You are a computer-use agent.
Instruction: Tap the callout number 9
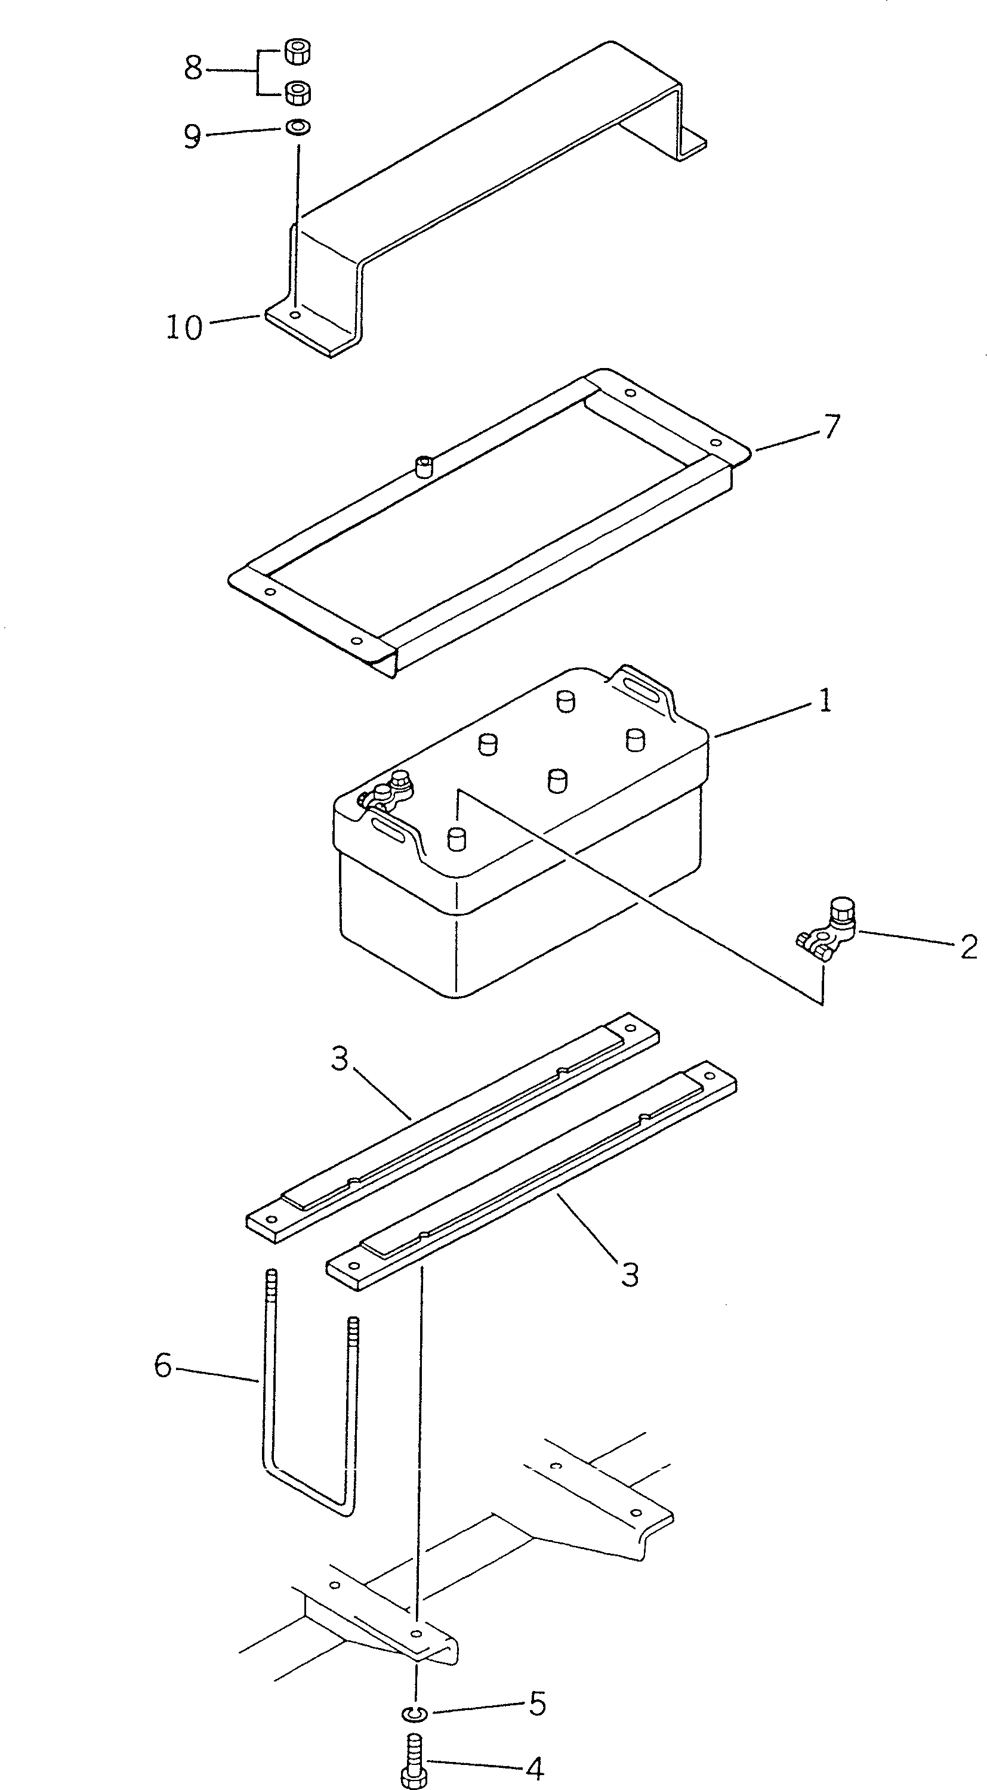click(x=192, y=136)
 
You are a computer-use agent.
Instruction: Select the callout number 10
click(x=184, y=327)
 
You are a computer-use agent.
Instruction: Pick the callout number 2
click(x=969, y=947)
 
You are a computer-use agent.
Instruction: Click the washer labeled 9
click(x=298, y=127)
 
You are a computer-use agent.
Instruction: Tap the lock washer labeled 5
click(x=413, y=1710)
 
